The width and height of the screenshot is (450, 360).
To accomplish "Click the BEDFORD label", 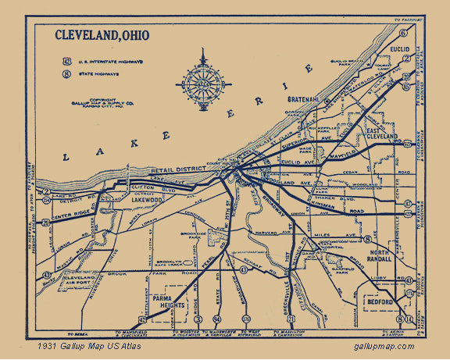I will tap(379, 298).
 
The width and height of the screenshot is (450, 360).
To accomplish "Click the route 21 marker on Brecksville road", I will tap(291, 319).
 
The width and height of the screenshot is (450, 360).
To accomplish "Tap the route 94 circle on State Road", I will tap(216, 319).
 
